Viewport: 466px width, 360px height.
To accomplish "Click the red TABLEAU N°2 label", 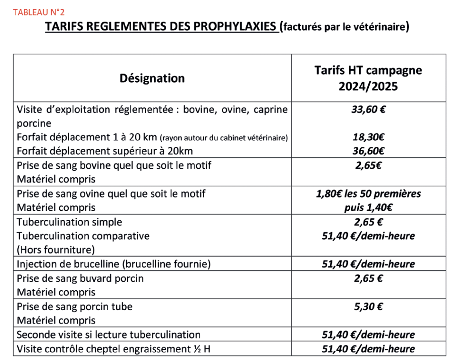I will click(x=39, y=12).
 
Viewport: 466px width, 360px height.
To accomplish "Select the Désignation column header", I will click(x=152, y=78).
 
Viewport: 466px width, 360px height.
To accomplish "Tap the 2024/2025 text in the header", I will click(x=368, y=86).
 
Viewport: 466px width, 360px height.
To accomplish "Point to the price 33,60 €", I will click(x=368, y=110).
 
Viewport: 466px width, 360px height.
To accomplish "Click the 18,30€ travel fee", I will click(x=368, y=137).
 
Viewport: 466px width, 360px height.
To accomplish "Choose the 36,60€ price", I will click(x=368, y=151).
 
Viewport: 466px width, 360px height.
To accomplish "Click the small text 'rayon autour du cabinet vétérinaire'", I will click(x=224, y=138).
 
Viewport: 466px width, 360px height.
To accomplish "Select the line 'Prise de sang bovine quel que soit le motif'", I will click(x=114, y=165).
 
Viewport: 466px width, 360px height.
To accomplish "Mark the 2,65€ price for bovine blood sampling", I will click(x=368, y=165).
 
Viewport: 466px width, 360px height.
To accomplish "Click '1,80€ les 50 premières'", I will click(x=368, y=194).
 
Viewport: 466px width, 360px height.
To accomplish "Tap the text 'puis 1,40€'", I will click(x=368, y=208).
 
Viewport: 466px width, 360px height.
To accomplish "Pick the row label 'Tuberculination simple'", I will click(x=69, y=222).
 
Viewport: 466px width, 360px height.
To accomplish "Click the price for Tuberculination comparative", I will click(x=368, y=236).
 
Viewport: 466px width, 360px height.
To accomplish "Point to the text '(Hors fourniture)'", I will click(x=56, y=250).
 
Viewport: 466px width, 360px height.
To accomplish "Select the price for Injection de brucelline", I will click(x=368, y=264).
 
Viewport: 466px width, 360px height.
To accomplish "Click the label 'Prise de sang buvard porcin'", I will click(x=80, y=278).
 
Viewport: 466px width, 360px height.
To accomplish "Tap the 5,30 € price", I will click(x=368, y=307).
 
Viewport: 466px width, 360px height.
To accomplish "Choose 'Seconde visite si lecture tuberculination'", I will click(x=109, y=335).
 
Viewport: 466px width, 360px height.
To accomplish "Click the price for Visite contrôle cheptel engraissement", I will click(x=368, y=349).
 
